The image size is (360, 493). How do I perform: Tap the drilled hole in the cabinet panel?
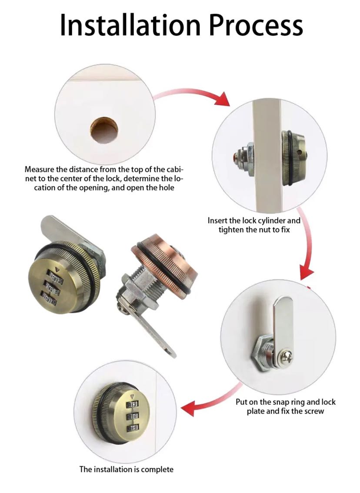(x=104, y=130)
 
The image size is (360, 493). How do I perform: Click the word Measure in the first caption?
(x=40, y=170)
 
